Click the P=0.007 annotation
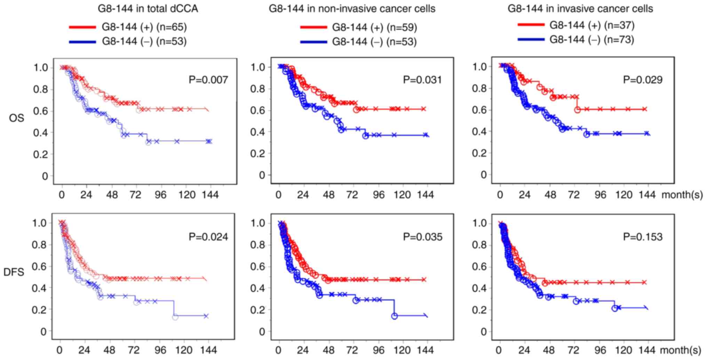pyautogui.click(x=208, y=80)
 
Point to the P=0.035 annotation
pyautogui.click(x=422, y=237)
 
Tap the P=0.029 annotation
pyautogui.click(x=642, y=80)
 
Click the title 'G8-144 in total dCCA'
pyautogui.click(x=148, y=9)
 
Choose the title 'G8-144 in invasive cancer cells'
pyautogui.click(x=580, y=9)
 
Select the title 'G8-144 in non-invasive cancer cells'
pyautogui.click(x=352, y=9)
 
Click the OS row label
pyautogui.click(x=17, y=118)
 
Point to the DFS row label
pyautogui.click(x=14, y=272)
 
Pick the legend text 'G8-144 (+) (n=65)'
pyautogui.click(x=144, y=27)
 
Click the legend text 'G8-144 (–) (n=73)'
pyautogui.click(x=592, y=40)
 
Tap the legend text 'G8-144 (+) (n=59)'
pyautogui.click(x=374, y=27)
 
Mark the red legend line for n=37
pyautogui.click(x=531, y=25)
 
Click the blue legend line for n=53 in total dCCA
pyautogui.click(x=82, y=42)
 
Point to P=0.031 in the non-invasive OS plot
pyautogui.click(x=422, y=80)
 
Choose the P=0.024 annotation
pyautogui.click(x=208, y=237)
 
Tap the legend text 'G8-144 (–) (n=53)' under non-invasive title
pyautogui.click(x=374, y=42)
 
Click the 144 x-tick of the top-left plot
pyautogui.click(x=209, y=195)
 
